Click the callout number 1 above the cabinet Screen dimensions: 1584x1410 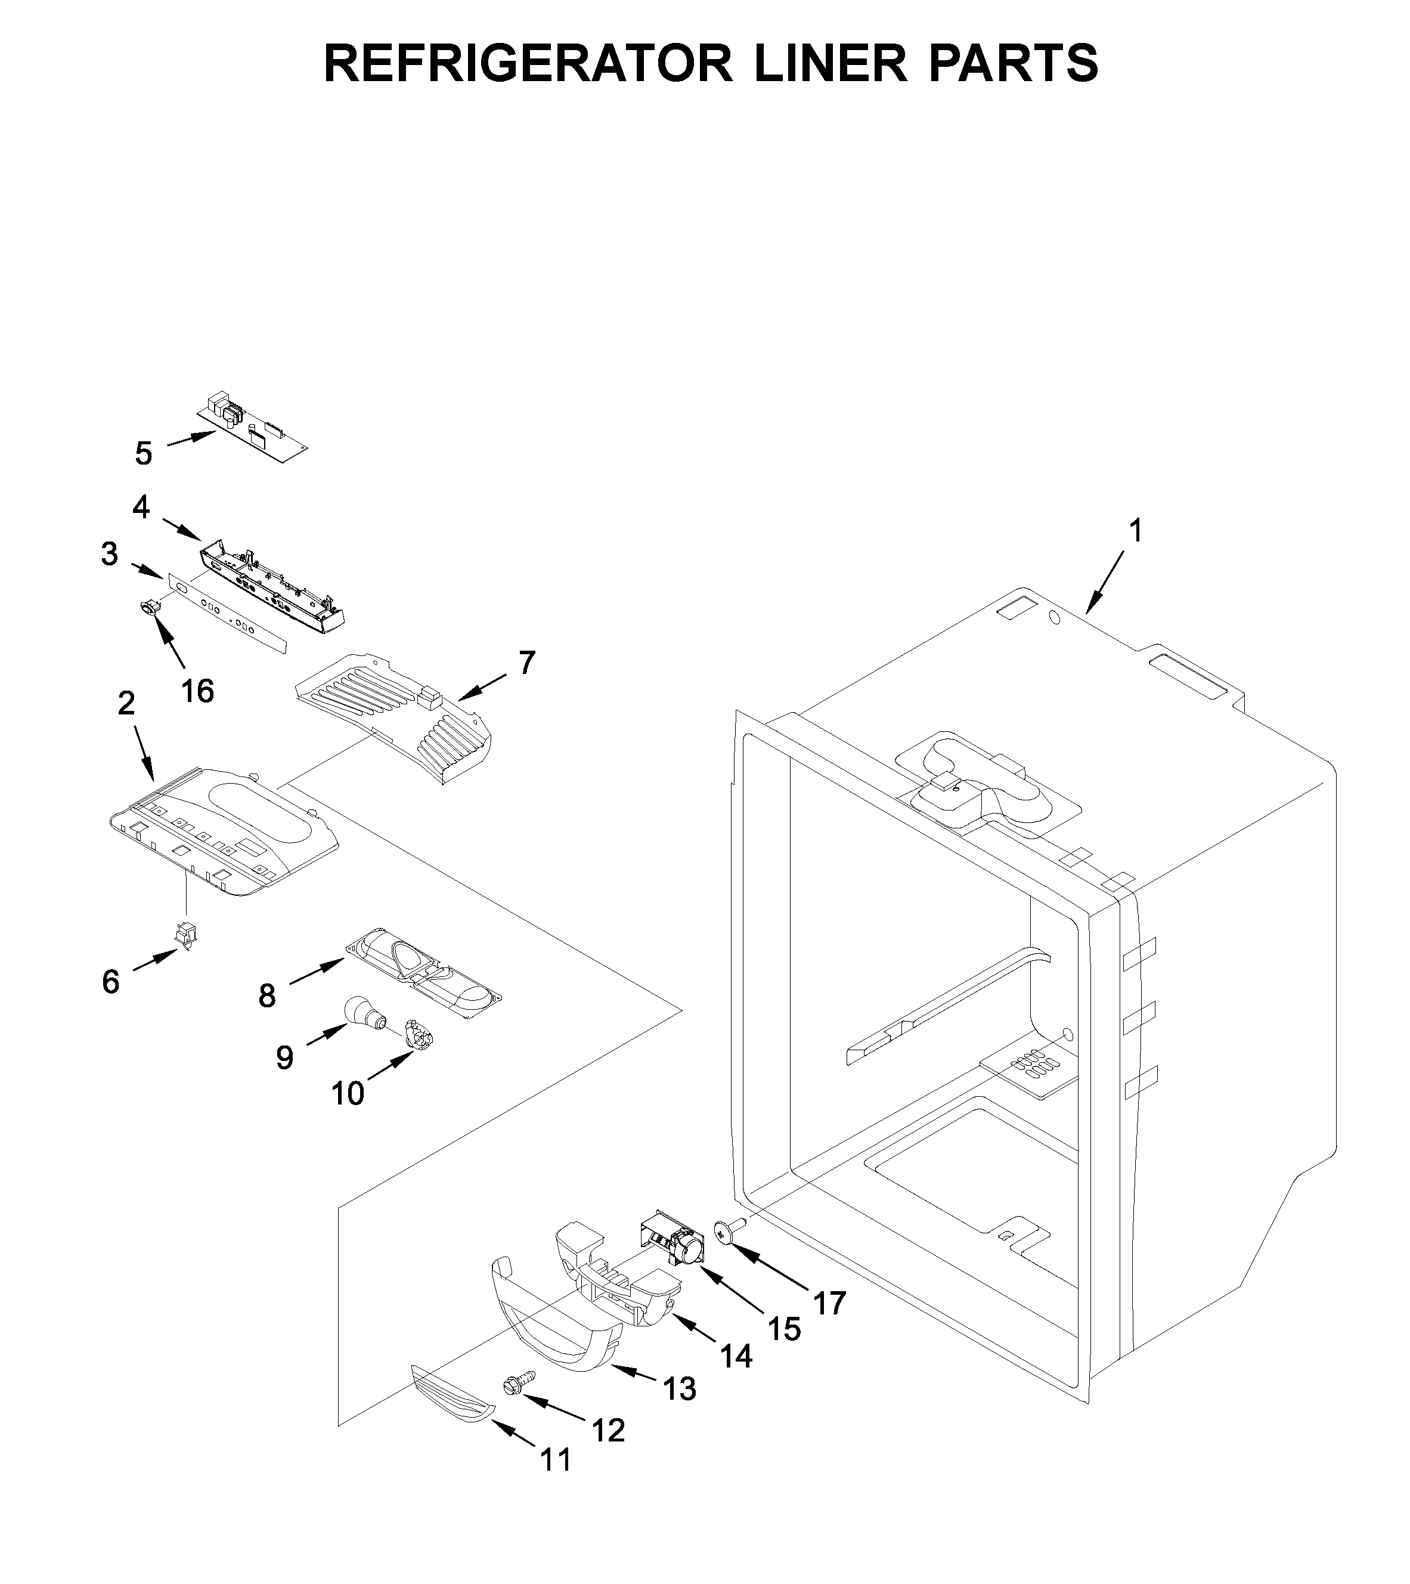[x=1135, y=531]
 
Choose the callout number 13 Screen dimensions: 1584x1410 [x=680, y=1390]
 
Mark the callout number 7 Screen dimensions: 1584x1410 [x=527, y=663]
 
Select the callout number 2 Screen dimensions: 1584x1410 [x=126, y=703]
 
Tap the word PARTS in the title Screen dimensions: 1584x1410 [x=1012, y=64]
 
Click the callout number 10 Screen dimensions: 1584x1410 [x=347, y=1093]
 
